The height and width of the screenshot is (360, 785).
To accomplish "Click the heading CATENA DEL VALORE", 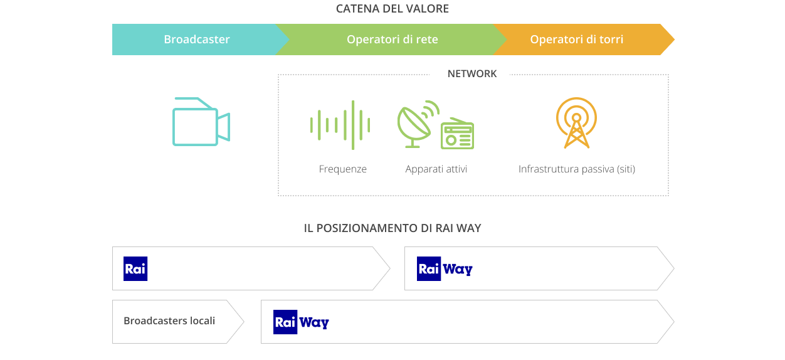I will click(x=392, y=9).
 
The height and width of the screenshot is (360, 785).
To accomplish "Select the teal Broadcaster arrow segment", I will click(x=197, y=40).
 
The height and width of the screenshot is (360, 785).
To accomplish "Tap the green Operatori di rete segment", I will click(x=392, y=40).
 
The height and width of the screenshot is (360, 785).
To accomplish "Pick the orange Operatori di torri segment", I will click(x=577, y=40).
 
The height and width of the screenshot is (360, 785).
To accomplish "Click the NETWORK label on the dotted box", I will click(x=472, y=74).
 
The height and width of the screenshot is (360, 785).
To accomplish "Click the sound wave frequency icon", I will click(x=340, y=125).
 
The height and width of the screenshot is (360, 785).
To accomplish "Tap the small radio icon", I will click(x=457, y=134).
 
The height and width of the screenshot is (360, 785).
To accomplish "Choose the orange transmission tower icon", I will click(x=576, y=122).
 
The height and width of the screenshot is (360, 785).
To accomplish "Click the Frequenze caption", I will click(x=343, y=169).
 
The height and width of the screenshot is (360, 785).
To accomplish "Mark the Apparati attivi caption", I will click(x=436, y=169).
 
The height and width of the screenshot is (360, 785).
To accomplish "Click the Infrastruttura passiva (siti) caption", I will click(x=577, y=169).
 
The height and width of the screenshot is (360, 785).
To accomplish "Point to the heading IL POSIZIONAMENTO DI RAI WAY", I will click(x=392, y=228).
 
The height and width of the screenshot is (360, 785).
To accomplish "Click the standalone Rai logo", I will click(x=135, y=268).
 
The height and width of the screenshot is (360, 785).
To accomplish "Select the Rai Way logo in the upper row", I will click(x=445, y=268).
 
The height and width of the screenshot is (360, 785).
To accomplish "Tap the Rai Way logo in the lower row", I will click(x=301, y=322).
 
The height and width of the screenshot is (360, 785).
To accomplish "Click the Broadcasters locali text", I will click(x=169, y=321).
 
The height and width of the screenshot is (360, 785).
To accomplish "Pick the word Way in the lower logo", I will click(x=314, y=322).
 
